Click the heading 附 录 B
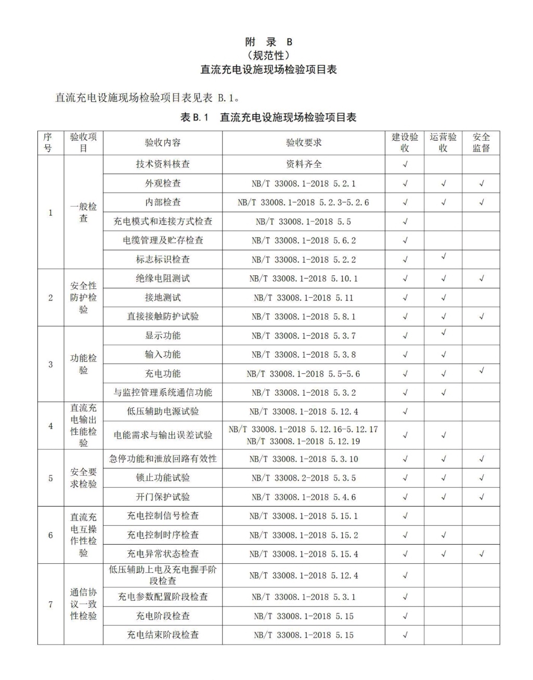click(268, 42)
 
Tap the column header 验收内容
click(162, 143)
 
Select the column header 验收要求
click(304, 143)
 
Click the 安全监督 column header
click(481, 143)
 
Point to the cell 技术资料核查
click(162, 164)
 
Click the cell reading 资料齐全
click(304, 164)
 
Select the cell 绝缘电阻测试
click(162, 279)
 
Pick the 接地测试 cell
click(162, 298)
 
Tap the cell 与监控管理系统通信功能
click(162, 393)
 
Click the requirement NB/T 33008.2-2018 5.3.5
click(304, 478)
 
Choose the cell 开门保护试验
click(162, 497)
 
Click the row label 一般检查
click(83, 212)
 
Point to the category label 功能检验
click(83, 364)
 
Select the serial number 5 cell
click(50, 478)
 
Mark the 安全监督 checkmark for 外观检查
click(482, 183)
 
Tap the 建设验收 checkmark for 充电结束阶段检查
click(405, 635)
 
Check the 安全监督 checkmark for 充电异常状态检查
click(482, 553)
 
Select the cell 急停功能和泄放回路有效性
click(162, 459)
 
